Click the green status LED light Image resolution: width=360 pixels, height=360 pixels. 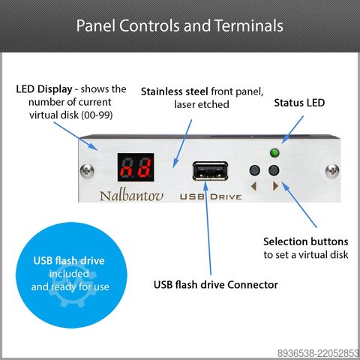(274, 153)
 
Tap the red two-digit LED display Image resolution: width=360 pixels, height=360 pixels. (136, 167)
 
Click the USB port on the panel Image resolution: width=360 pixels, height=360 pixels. (210, 171)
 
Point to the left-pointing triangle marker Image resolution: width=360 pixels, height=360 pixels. (253, 186)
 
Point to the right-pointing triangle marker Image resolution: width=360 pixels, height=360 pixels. (276, 186)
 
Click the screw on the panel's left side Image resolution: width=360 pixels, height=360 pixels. (87, 171)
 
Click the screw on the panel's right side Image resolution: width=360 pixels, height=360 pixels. (332, 171)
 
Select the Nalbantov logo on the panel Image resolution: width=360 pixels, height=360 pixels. (131, 195)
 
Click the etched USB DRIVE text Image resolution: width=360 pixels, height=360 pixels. (211, 196)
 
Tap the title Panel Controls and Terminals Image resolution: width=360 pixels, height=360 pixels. (180, 25)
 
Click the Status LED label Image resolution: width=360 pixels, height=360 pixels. (299, 103)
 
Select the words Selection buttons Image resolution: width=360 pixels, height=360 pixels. (306, 241)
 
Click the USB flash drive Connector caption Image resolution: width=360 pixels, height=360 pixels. (216, 285)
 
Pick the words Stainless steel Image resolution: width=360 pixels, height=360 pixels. (175, 91)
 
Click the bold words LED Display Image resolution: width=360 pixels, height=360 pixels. (44, 89)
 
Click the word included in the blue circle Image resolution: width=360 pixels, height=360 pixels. (69, 274)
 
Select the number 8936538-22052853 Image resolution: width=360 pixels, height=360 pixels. (318, 353)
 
